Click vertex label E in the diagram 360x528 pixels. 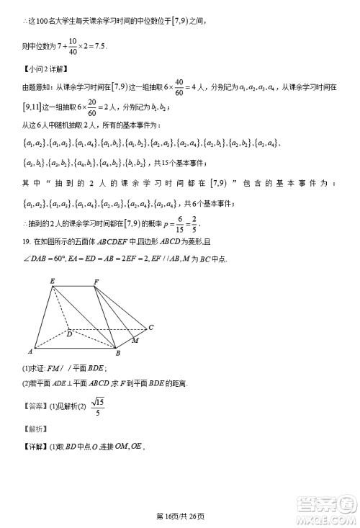click(52, 282)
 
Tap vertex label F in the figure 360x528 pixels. click(96, 281)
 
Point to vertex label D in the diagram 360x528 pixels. click(69, 333)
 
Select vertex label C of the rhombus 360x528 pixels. click(150, 328)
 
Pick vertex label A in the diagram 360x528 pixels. click(30, 352)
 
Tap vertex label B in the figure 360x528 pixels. click(117, 354)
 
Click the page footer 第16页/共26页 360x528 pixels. click(180, 516)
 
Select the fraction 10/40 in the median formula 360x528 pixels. click(73, 46)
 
